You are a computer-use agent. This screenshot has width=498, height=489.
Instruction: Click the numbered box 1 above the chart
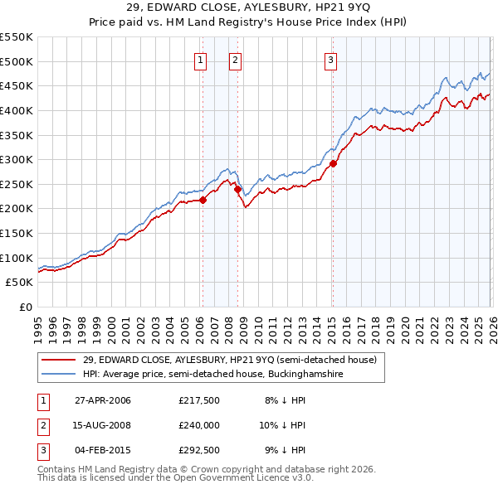(202, 59)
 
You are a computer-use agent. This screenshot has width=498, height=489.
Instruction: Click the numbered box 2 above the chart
(236, 59)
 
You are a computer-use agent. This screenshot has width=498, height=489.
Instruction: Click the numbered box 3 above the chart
(330, 59)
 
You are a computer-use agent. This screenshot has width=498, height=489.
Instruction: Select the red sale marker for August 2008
(237, 189)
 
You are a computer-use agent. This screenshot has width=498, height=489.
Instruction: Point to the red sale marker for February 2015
(333, 163)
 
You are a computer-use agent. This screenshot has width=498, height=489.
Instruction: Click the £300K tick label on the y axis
(16, 159)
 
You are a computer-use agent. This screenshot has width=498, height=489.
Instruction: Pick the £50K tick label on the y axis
(19, 283)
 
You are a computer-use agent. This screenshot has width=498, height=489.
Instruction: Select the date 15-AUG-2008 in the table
(102, 425)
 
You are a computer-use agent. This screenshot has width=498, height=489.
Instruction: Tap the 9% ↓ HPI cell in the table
(285, 450)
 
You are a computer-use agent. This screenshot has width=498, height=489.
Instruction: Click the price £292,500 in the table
(199, 450)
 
